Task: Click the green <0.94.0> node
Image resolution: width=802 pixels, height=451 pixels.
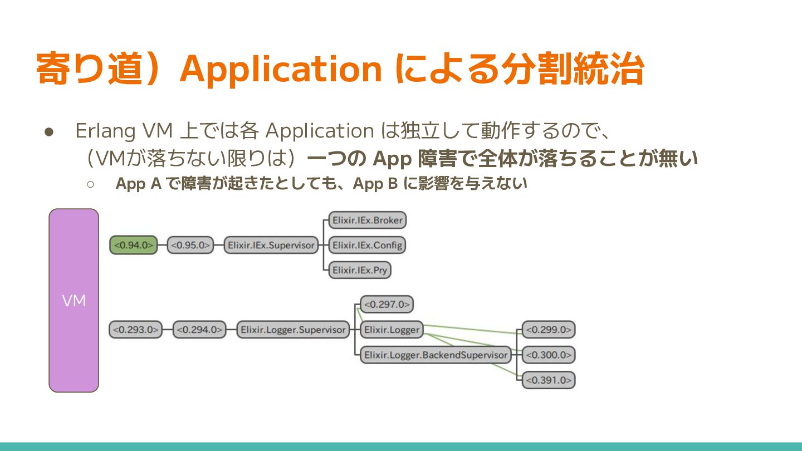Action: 134,246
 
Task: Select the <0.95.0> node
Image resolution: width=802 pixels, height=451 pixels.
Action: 190,246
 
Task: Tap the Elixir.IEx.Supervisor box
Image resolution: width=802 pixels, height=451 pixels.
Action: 271,246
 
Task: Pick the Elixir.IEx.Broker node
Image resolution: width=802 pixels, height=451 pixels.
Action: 367,220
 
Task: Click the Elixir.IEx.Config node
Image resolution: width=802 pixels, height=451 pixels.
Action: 367,245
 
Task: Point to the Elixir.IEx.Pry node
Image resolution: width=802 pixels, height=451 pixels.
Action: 360,270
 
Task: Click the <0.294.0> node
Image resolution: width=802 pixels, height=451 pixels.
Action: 200,330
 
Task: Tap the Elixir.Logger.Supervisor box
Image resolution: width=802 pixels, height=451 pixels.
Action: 293,330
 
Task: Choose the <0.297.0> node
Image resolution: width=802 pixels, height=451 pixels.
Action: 387,305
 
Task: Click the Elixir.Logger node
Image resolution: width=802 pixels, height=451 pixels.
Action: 392,330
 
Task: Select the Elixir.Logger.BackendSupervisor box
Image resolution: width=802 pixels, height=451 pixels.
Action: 436,355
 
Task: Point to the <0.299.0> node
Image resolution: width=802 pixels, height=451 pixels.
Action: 549,330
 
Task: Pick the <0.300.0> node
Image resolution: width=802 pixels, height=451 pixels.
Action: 549,355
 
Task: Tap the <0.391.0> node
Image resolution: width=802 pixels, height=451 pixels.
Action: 549,380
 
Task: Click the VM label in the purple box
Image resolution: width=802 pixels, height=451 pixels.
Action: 74,301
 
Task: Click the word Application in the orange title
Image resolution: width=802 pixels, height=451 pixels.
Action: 281,69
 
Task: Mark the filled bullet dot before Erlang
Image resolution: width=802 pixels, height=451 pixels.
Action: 48,133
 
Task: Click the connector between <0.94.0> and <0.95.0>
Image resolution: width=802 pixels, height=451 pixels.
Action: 162,246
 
